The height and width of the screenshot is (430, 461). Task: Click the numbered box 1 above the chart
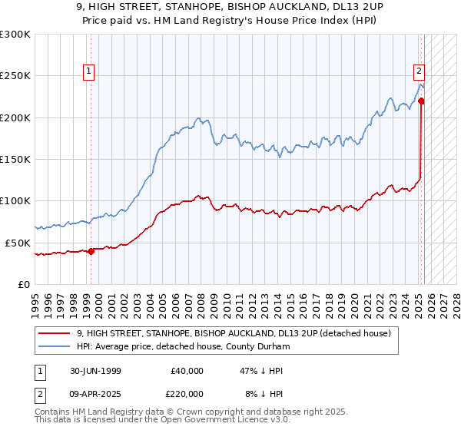point(90,72)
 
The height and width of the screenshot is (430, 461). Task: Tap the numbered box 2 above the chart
point(420,72)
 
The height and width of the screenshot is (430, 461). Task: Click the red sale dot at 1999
point(91,250)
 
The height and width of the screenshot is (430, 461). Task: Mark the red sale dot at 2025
point(422,101)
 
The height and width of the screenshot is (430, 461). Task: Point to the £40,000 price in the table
point(187,371)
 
